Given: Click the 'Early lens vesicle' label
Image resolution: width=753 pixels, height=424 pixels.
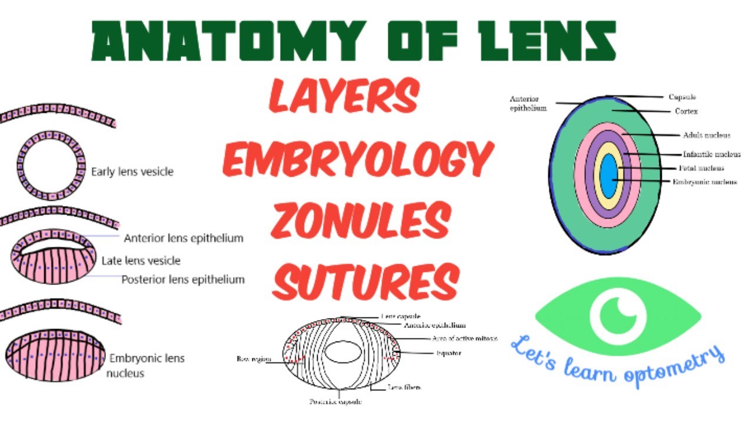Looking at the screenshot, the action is pyautogui.click(x=132, y=172).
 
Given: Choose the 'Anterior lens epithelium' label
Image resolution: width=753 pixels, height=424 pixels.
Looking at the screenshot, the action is pyautogui.click(x=184, y=238).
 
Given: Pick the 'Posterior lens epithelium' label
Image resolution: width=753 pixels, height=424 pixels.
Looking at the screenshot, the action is pyautogui.click(x=183, y=280).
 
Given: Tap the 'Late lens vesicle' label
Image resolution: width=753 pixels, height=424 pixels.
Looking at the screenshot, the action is pyautogui.click(x=141, y=260).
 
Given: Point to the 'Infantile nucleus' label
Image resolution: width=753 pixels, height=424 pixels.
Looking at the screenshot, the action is pyautogui.click(x=712, y=154).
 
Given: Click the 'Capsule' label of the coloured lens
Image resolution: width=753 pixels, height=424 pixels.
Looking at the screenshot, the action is pyautogui.click(x=682, y=97).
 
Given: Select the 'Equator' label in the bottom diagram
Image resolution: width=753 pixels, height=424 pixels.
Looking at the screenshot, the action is pyautogui.click(x=449, y=353).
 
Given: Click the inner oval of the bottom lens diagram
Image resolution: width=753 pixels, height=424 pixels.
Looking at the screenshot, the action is pyautogui.click(x=342, y=352).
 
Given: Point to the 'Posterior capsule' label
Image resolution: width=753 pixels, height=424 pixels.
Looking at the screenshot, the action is pyautogui.click(x=336, y=402).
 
